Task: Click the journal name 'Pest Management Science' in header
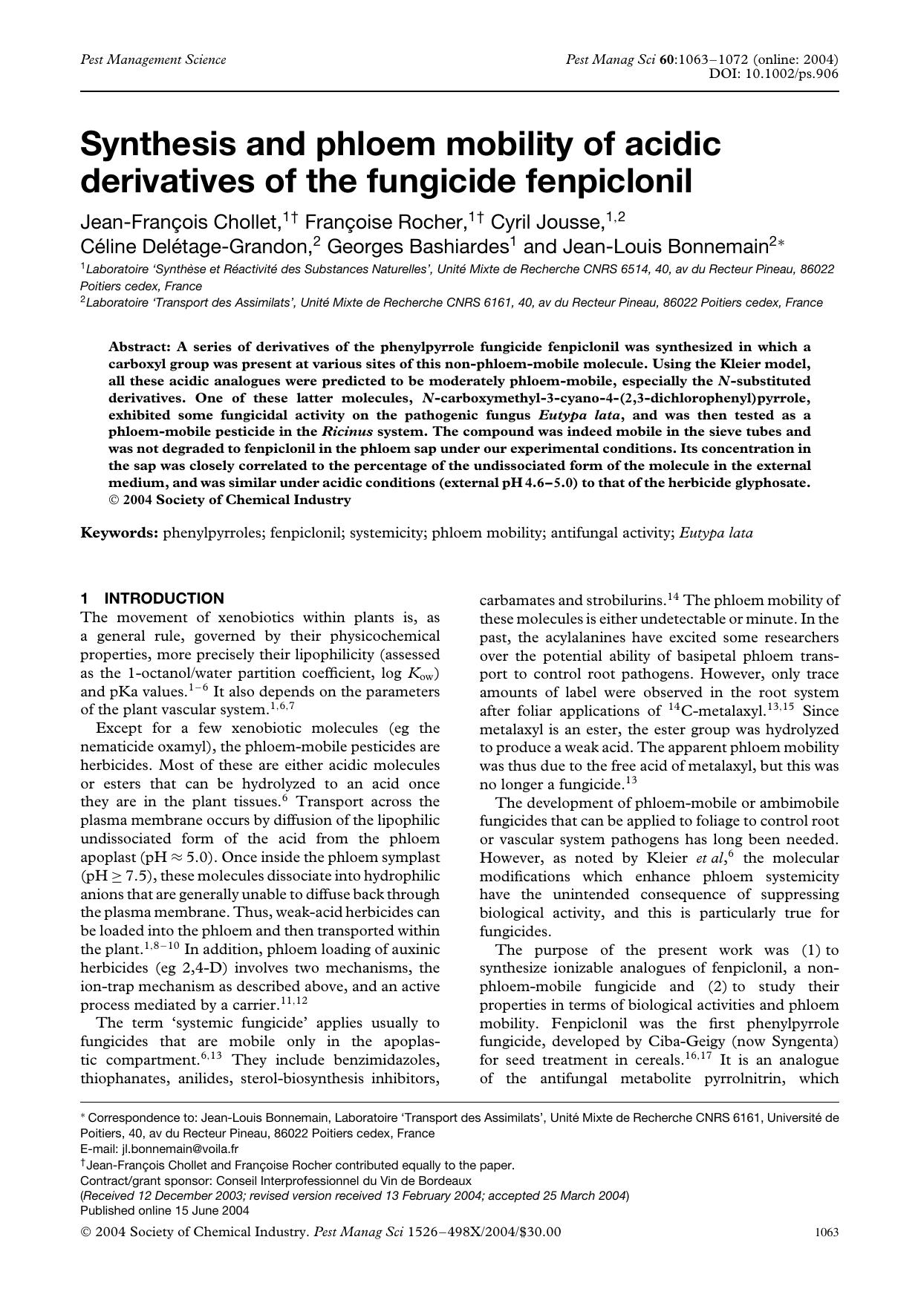click(153, 59)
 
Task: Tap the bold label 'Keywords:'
click(119, 532)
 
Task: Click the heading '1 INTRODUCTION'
click(152, 598)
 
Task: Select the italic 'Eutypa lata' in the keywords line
click(716, 532)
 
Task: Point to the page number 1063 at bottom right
click(827, 1232)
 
